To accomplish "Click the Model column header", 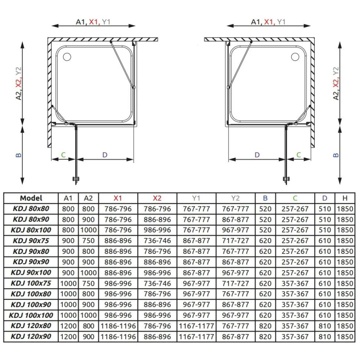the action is coord(31,198).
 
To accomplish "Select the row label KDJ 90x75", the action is coord(31,240).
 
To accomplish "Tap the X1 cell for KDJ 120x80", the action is coord(118,326).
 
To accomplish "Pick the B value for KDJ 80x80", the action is coord(265,209).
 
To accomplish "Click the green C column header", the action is coord(295,198).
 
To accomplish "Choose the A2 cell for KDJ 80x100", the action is coord(88,230).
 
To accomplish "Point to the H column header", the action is coord(345,198).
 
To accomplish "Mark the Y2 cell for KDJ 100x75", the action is coord(235,283).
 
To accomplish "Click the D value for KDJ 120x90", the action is coord(325,337).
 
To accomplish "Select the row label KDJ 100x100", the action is coord(31,315).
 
